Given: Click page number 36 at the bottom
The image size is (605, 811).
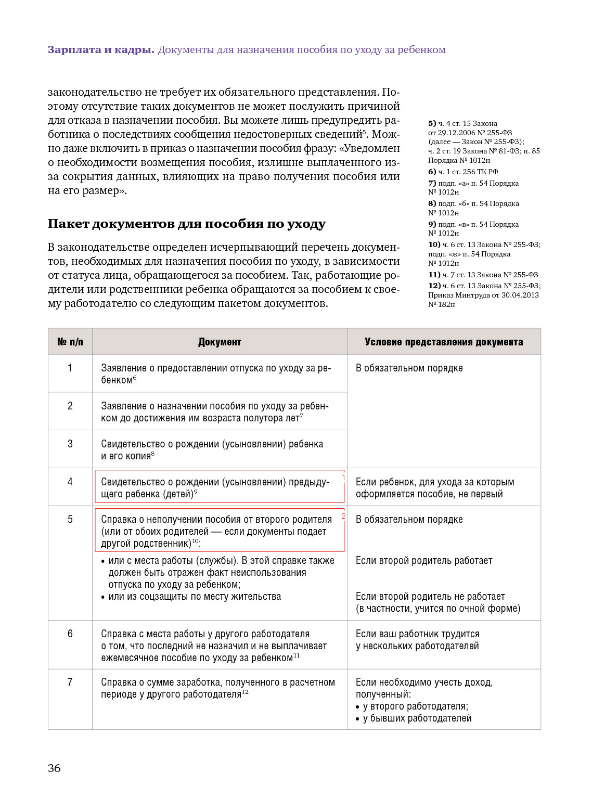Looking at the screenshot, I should pyautogui.click(x=54, y=768).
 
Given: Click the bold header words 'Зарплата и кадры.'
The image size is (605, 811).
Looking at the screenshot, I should pyautogui.click(x=101, y=50).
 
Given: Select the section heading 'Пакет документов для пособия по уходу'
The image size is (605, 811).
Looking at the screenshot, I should pyautogui.click(x=186, y=224).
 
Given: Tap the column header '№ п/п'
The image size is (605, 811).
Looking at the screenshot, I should pyautogui.click(x=70, y=342).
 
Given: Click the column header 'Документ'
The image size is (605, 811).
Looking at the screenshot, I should pyautogui.click(x=220, y=342).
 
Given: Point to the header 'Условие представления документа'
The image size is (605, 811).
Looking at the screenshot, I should pyautogui.click(x=444, y=342).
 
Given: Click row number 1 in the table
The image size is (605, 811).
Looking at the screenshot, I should pyautogui.click(x=70, y=368).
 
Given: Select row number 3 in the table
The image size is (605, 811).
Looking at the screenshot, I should pyautogui.click(x=70, y=444).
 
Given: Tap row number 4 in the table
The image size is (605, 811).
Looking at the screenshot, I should pyautogui.click(x=70, y=482).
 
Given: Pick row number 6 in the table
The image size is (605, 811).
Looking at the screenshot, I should pyautogui.click(x=70, y=634).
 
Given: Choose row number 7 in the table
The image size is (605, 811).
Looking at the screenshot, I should pyautogui.click(x=70, y=682).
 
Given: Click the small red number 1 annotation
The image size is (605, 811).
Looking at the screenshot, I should pyautogui.click(x=343, y=478).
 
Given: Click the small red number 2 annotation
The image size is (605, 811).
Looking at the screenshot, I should pyautogui.click(x=343, y=516).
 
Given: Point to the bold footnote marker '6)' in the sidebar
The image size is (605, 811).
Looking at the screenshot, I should pyautogui.click(x=432, y=172).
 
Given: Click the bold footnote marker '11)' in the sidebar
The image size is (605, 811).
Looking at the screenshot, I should pyautogui.click(x=434, y=275).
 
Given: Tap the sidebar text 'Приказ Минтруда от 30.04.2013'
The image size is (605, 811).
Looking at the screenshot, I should pyautogui.click(x=483, y=295).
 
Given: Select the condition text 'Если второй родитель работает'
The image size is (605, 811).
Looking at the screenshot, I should pyautogui.click(x=424, y=561).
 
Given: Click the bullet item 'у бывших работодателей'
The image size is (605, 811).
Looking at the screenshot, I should pyautogui.click(x=417, y=718).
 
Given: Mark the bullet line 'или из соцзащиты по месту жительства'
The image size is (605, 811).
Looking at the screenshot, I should pyautogui.click(x=195, y=597).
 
